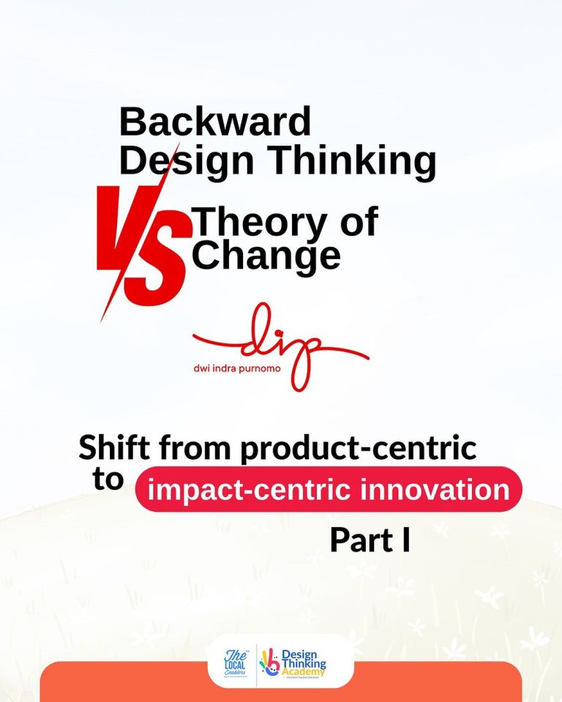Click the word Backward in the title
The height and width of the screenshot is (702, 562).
[214, 121]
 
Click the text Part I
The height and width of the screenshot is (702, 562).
[370, 540]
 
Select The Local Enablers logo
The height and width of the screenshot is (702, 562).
[236, 662]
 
